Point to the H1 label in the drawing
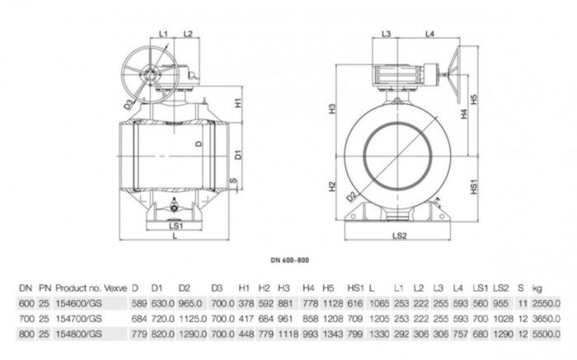[237, 105]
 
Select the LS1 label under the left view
[174, 223]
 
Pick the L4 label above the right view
[430, 34]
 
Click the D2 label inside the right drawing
[351, 197]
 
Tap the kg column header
[537, 287]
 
